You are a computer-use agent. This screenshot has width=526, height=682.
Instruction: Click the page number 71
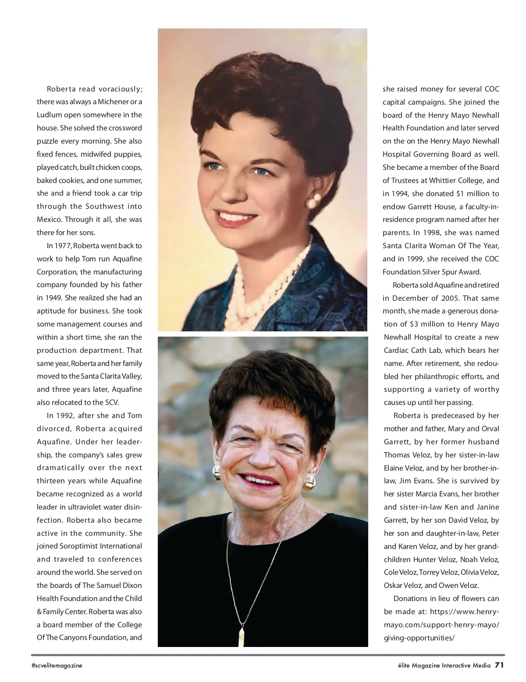point(500,665)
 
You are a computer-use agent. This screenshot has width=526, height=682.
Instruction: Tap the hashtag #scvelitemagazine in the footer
point(57,665)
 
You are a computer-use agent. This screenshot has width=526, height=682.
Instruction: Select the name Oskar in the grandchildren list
point(394,585)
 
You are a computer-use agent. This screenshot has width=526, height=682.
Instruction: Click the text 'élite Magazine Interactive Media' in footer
point(441,665)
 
